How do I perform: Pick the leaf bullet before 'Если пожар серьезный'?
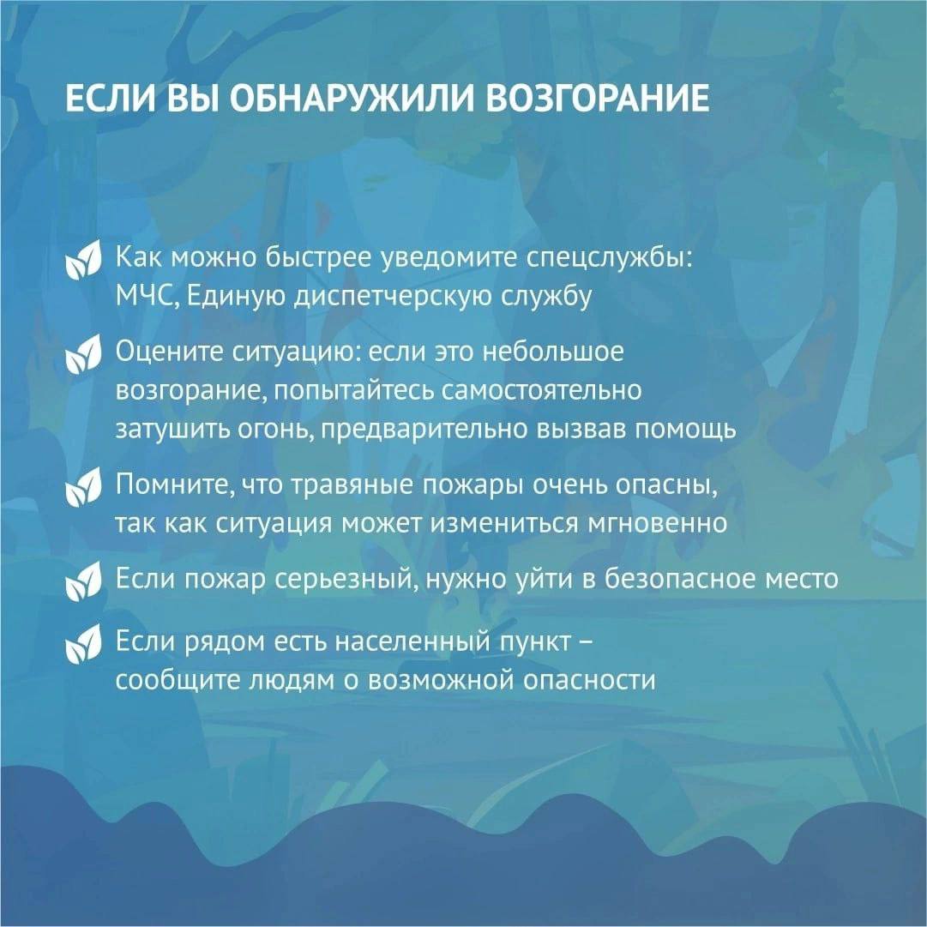83,581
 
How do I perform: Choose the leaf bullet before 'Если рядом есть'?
83,643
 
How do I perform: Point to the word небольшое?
553,352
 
